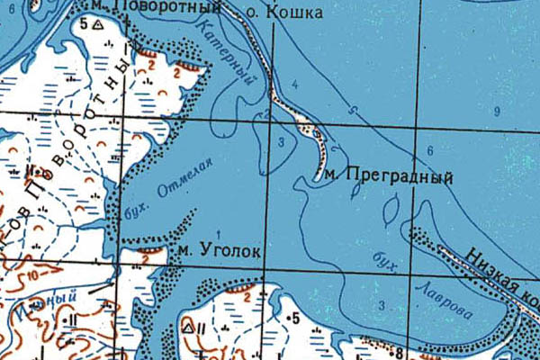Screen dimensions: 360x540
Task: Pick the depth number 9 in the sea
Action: point(496,111)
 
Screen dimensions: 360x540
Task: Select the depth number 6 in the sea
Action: point(430,150)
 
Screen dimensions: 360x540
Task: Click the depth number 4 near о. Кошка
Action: point(293,84)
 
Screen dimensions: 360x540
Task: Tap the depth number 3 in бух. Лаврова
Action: point(382,307)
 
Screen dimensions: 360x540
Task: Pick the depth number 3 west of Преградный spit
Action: point(281,143)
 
